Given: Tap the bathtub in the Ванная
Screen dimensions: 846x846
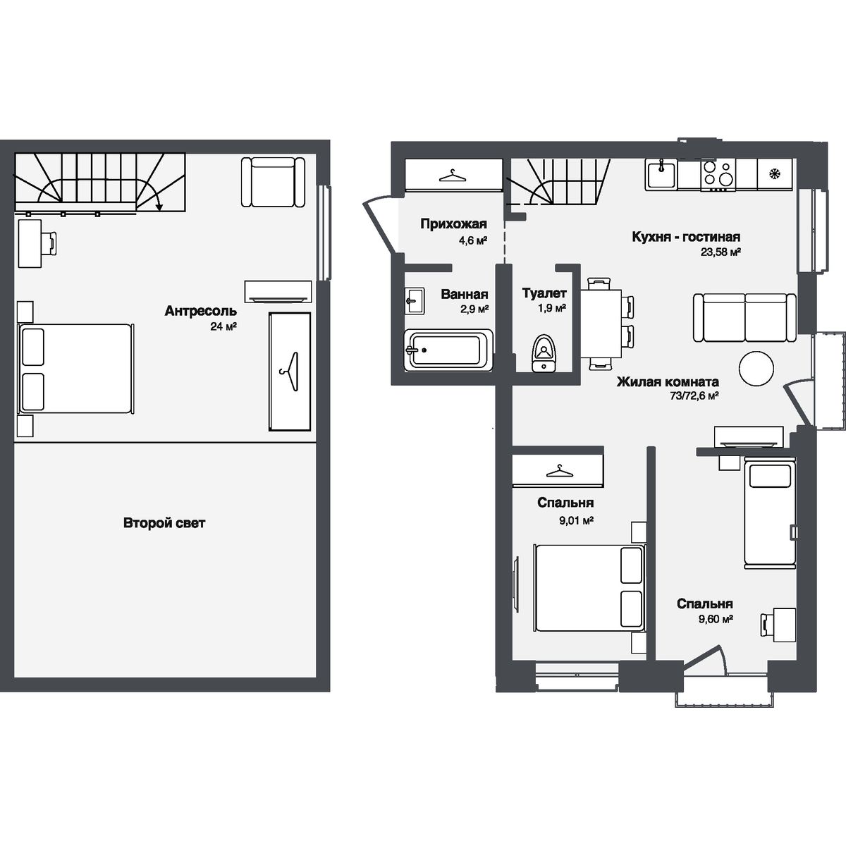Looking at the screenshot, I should click(448, 350).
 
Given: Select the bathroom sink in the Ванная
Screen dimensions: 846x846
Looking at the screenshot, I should click(414, 301).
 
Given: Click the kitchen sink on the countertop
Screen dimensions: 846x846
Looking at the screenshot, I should click(661, 174).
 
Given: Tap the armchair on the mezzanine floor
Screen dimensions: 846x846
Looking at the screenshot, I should click(273, 182).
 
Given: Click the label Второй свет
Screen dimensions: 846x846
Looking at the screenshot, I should click(164, 523).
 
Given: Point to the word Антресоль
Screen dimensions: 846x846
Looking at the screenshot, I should click(200, 311).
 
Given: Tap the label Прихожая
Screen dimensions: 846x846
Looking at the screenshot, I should click(454, 224).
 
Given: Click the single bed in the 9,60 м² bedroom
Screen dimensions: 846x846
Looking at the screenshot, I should click(768, 513).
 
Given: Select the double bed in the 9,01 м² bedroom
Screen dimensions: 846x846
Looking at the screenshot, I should click(589, 587).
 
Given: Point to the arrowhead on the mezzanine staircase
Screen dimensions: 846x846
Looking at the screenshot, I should click(160, 207).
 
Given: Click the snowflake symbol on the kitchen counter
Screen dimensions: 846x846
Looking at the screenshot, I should click(774, 173).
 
